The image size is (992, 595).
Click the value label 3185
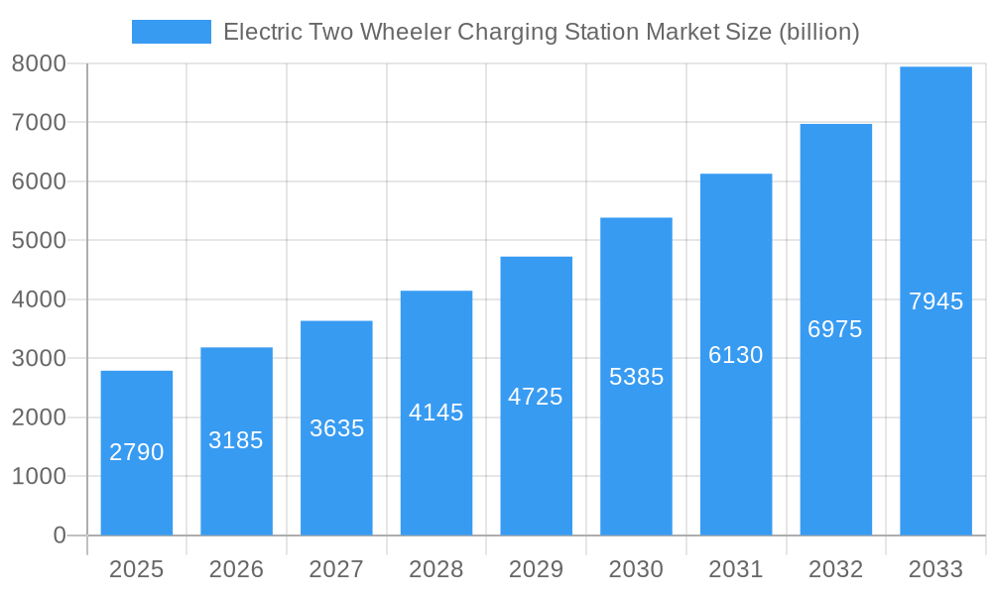tap(236, 440)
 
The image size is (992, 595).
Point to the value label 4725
tap(536, 397)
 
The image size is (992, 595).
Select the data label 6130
tap(736, 355)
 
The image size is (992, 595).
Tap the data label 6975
tap(835, 329)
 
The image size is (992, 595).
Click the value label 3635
tap(336, 428)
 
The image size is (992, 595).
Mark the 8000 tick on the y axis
tap(39, 63)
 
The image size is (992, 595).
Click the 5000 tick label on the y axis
tap(39, 241)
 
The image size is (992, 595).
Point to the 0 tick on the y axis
tap(59, 535)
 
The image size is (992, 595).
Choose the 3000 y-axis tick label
tap(39, 359)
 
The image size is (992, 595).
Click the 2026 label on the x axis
tap(236, 569)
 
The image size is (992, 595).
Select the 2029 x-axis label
tap(536, 569)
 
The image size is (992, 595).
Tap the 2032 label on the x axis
tap(835, 569)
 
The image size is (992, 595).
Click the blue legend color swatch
tap(172, 32)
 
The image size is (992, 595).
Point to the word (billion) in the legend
tap(818, 32)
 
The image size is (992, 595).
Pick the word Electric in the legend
tap(259, 32)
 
